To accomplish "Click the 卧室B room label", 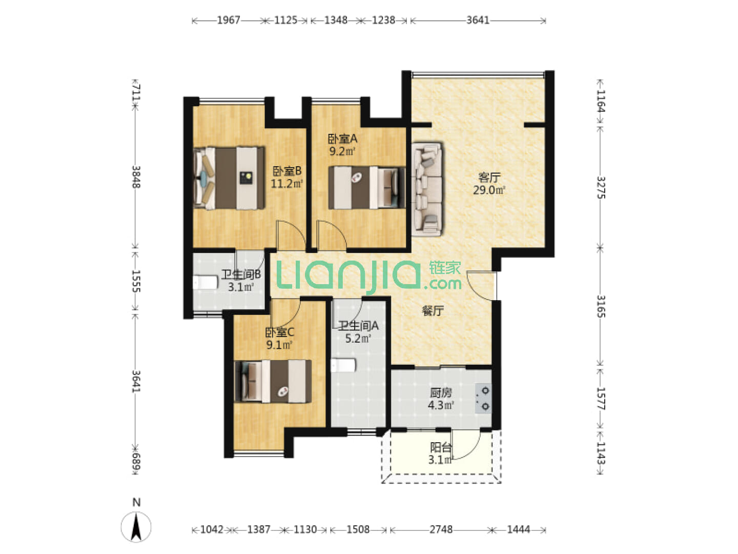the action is point(287,171).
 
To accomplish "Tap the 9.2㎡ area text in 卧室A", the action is point(342,151).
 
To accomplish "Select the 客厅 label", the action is point(489,177).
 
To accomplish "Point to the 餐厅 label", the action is point(433,310).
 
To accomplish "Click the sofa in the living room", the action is point(427,189).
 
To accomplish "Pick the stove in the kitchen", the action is point(483,398).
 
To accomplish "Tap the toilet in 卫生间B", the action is point(205,283).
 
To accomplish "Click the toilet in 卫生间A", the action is point(343,365).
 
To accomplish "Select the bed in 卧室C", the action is point(273,381).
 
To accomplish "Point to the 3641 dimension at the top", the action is point(478,20).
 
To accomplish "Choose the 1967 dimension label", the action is point(229,20).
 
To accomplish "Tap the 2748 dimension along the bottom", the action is point(441,530).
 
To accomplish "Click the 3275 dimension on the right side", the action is point(601,187).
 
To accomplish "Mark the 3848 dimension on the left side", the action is point(136,177).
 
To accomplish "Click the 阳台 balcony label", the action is point(440,447).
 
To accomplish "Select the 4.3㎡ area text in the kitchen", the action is point(441,405).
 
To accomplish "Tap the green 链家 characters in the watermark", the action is point(445,268).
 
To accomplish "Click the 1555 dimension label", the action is point(136,281).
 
